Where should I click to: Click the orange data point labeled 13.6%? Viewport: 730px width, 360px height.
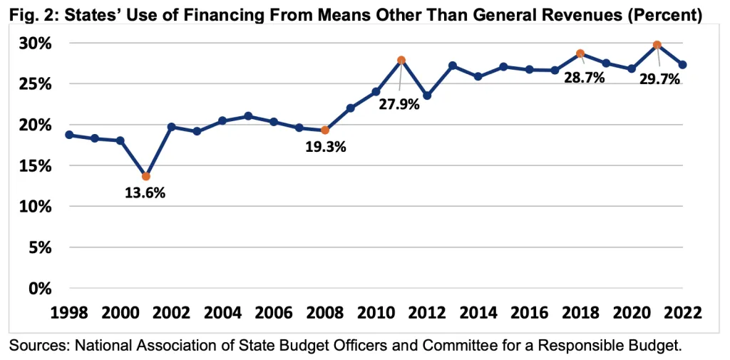(x=145, y=176)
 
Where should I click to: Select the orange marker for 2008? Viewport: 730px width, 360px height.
(x=324, y=130)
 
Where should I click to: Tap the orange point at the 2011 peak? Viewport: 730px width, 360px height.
(x=401, y=60)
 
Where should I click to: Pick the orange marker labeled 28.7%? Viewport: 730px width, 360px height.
(x=580, y=53)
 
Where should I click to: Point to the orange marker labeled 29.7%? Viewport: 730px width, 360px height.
(x=657, y=45)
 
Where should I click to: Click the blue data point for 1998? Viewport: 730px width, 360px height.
(x=68, y=135)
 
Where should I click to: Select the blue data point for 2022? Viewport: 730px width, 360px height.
(x=682, y=65)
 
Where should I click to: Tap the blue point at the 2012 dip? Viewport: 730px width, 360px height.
(x=427, y=96)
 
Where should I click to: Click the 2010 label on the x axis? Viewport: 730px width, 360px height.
(x=376, y=313)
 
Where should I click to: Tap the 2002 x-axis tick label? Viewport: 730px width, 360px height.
(x=171, y=313)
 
